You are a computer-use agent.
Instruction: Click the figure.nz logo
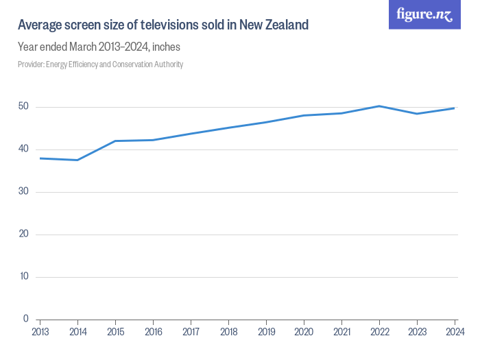pos(424,15)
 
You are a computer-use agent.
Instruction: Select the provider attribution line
pos(100,64)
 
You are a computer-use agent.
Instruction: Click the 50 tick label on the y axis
pos(23,107)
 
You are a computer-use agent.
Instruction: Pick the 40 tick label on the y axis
pos(23,149)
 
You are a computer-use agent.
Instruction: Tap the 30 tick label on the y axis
pos(23,192)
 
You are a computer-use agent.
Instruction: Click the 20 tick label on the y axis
pos(23,235)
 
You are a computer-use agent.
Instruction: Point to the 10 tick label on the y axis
pos(23,276)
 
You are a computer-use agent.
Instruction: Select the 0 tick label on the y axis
pos(26,319)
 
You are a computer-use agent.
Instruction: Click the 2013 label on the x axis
pos(40,332)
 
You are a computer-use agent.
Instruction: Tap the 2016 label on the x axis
pos(153,332)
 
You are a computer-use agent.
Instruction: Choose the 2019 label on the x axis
pos(266,332)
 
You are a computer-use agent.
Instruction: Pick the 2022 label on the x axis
pos(379,332)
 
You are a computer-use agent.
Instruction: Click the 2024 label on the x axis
pos(455,332)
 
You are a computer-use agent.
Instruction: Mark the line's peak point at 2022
pos(379,106)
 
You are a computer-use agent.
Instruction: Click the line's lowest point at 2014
pos(77,160)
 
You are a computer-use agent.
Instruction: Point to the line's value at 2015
pos(115,141)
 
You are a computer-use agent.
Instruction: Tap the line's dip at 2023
pos(417,114)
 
